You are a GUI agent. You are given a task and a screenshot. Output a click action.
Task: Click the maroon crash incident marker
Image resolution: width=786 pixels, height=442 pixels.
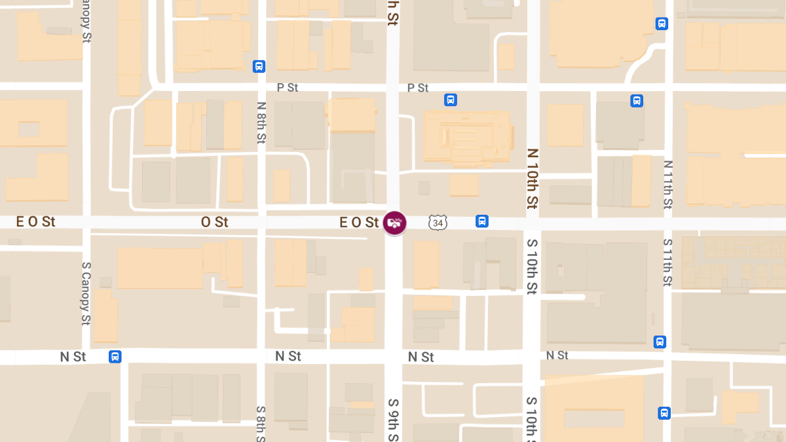coord(394,223)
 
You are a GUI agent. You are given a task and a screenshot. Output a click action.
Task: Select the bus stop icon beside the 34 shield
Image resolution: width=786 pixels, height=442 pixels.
coord(482,221)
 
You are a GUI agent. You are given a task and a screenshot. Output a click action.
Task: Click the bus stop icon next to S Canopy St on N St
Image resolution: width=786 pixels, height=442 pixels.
coord(115,357)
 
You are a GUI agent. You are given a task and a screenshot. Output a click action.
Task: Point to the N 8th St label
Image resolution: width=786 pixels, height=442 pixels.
coord(261,122)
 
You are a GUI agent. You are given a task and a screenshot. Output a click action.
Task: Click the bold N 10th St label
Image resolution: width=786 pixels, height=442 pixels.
coord(533,178)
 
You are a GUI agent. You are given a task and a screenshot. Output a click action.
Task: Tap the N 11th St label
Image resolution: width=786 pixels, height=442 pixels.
coord(667,185)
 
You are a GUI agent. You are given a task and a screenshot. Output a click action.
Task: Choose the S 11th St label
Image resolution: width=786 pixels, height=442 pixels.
coord(667,263)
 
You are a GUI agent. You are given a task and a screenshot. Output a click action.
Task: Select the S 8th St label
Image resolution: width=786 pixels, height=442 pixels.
coord(261,423)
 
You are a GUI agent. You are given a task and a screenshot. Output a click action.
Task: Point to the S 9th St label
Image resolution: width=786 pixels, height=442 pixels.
coord(393,420)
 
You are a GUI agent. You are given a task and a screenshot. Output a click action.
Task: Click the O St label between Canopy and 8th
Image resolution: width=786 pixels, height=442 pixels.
coord(215,222)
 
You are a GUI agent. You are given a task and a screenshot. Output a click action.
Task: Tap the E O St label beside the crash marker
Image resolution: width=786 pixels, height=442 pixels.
coord(360,223)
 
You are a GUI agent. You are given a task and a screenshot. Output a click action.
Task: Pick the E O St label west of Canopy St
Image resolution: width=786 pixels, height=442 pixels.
coord(35,222)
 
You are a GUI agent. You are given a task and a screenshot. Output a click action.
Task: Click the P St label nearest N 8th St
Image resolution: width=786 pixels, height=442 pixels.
coord(288,88)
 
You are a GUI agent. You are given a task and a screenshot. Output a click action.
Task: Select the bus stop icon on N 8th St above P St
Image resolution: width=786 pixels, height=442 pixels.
coord(259,66)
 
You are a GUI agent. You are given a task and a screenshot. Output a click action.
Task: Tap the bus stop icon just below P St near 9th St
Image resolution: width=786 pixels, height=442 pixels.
coord(451,100)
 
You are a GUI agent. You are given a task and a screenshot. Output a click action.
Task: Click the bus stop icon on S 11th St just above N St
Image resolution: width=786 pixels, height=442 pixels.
coord(660,342)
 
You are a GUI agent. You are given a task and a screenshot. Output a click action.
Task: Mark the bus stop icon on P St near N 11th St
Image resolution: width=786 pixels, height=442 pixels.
coord(637,101)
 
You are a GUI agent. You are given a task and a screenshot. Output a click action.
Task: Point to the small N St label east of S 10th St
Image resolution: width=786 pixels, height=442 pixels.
coord(557,355)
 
